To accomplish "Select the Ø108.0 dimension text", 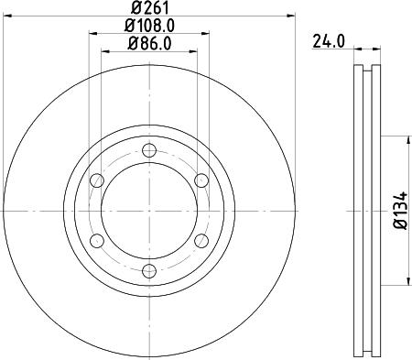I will pyautogui.click(x=148, y=27).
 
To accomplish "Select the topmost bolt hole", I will pyautogui.click(x=148, y=151).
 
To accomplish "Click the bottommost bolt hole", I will pyautogui.click(x=148, y=269).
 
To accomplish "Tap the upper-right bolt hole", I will pyautogui.click(x=200, y=180).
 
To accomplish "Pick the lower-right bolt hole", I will pyautogui.click(x=200, y=240).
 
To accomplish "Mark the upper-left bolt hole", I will pyautogui.click(x=97, y=180).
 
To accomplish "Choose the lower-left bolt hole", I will pyautogui.click(x=97, y=240).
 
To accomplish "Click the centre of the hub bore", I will pyautogui.click(x=148, y=211).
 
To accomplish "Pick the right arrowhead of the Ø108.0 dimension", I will pyautogui.click(x=203, y=33).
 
